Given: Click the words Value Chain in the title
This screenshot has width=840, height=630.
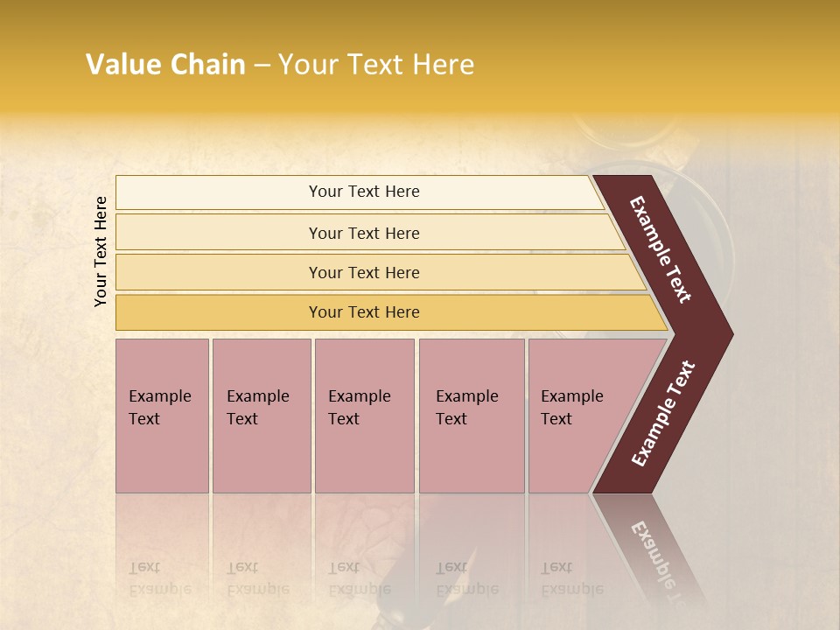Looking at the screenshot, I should tap(165, 65).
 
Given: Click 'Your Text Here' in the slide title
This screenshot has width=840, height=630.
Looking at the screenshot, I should tap(376, 65).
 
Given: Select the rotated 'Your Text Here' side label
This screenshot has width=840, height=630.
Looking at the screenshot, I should tap(101, 251).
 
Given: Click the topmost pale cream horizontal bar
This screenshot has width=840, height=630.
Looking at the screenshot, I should tap(219, 192).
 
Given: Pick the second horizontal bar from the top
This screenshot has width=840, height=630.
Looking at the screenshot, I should tap(219, 233).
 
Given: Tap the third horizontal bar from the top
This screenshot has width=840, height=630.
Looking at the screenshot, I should tap(219, 272).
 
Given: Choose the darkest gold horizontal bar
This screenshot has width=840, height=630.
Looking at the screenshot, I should tap(219, 312).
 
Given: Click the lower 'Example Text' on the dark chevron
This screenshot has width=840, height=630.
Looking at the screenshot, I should tap(663, 413).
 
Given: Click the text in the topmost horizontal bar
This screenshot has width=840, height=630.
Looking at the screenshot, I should tap(364, 192).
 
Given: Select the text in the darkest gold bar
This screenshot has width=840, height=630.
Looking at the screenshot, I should tap(364, 312).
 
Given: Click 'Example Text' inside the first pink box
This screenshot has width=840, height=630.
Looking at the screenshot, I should tap(159, 407).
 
